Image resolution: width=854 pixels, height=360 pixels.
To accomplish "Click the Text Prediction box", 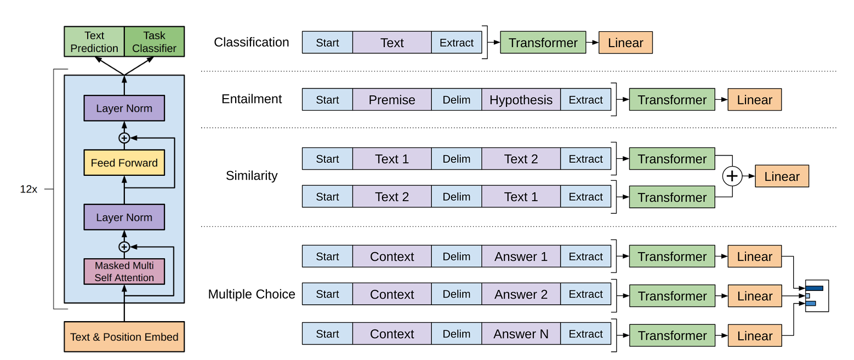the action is (x=94, y=42).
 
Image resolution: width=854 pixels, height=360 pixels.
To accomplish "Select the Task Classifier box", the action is (x=155, y=42).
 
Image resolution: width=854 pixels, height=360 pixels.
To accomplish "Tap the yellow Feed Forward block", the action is (x=124, y=163).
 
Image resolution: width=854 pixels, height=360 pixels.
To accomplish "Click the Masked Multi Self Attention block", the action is (x=124, y=272).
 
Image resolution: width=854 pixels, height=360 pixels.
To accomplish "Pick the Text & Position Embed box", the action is (x=124, y=337).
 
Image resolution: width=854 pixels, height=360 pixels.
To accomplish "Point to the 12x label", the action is (x=29, y=189).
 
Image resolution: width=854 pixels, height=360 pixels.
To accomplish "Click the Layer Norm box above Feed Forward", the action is (x=124, y=108).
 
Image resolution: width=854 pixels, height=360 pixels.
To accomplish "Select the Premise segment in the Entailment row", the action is (x=392, y=100).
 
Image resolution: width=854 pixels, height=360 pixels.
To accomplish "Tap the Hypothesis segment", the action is (x=521, y=100).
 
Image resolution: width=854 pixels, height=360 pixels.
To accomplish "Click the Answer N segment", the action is (x=521, y=334).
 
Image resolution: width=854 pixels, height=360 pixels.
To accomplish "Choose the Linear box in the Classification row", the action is (x=625, y=43).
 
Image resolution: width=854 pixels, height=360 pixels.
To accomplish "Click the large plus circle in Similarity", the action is (x=732, y=176).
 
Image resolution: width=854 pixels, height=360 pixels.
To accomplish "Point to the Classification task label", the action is (x=251, y=42).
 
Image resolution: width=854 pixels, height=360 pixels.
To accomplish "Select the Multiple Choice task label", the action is (x=251, y=294).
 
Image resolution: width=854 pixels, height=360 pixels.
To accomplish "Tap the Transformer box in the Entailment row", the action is (x=672, y=100).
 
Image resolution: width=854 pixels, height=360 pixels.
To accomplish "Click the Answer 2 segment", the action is (x=521, y=294).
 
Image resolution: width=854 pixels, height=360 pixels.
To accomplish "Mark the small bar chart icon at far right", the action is (x=817, y=296).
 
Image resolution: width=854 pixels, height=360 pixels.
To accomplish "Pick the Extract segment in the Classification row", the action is (x=457, y=43).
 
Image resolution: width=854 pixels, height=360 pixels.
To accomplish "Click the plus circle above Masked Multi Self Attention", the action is (x=124, y=247).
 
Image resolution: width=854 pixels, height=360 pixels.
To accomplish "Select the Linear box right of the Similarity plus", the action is (x=782, y=176).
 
